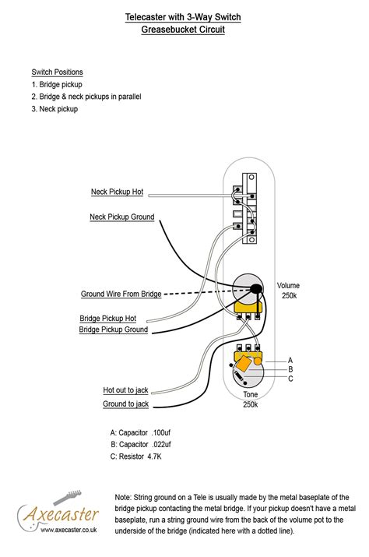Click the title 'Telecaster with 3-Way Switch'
[183, 17]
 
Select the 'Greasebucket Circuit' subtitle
[183, 29]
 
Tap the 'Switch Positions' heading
[57, 72]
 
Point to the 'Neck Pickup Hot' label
[118, 192]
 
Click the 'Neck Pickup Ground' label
[121, 217]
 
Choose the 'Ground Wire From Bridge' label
[121, 294]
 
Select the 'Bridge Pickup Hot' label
[108, 319]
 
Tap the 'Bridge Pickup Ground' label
[114, 330]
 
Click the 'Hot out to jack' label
[125, 390]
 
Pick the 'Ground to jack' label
[125, 404]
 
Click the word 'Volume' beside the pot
[288, 286]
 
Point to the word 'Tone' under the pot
[251, 394]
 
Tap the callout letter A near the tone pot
[290, 361]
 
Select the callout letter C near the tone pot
[290, 379]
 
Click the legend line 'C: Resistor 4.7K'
[135, 457]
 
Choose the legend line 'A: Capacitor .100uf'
[140, 432]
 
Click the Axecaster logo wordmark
[61, 514]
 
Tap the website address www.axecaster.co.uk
[69, 530]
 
